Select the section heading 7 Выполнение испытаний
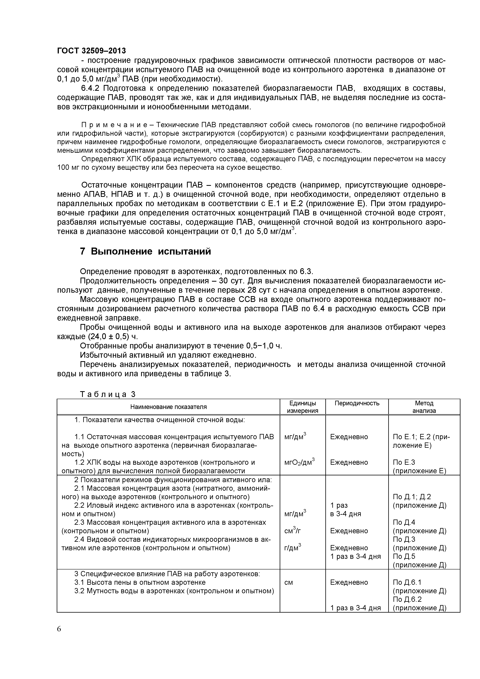146,251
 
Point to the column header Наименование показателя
168,407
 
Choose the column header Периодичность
357,403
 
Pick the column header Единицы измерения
302,407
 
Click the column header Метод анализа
424,407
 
